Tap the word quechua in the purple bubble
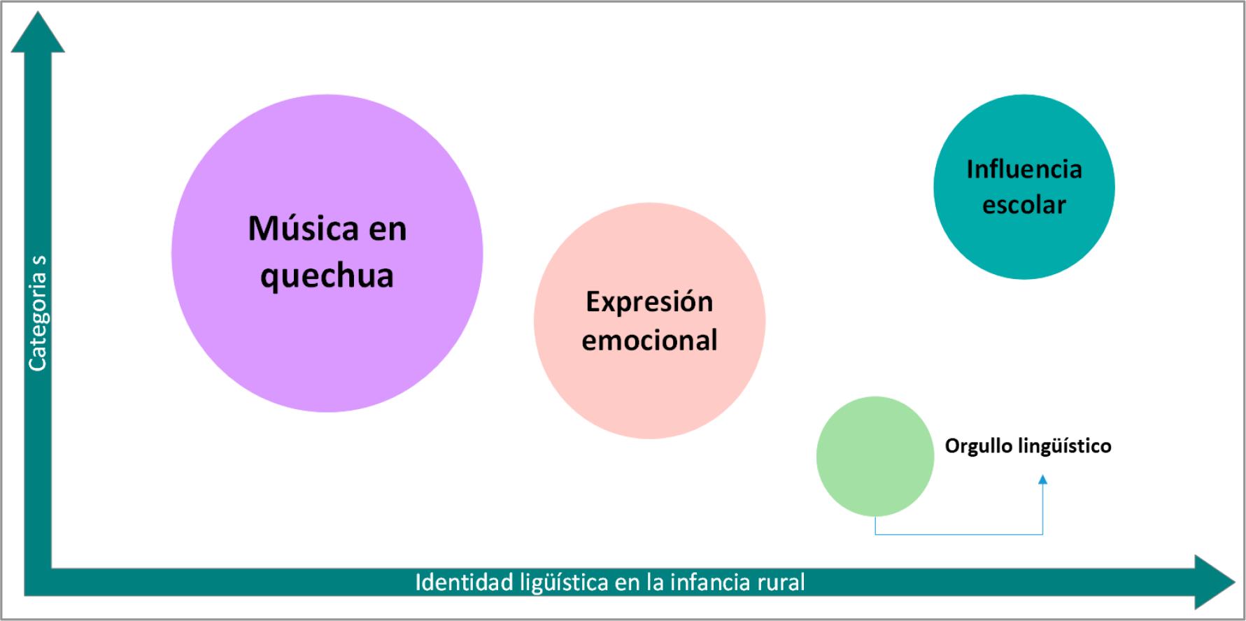click(x=327, y=276)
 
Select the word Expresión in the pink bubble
click(x=649, y=302)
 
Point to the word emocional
click(x=649, y=341)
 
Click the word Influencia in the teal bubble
click(x=1024, y=169)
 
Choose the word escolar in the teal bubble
click(x=1024, y=205)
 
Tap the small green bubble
click(x=875, y=457)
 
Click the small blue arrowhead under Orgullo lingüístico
click(x=1042, y=480)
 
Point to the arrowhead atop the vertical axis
click(x=38, y=31)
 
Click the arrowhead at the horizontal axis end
click(x=1215, y=582)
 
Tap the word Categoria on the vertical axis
click(x=37, y=322)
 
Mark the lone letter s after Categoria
click(x=38, y=262)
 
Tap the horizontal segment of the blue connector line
click(x=958, y=535)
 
